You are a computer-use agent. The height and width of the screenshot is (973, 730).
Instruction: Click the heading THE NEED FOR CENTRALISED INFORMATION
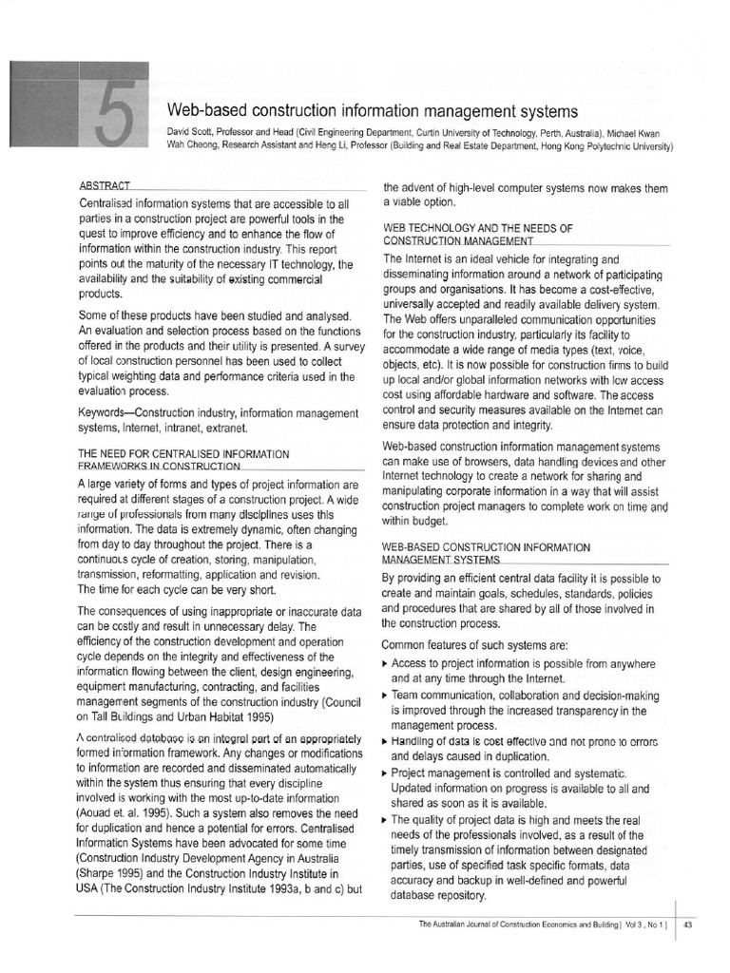(183, 454)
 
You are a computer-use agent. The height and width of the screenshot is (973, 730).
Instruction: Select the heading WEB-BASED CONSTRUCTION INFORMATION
(486, 547)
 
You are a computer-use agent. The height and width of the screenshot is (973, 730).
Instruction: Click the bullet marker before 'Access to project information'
(385, 663)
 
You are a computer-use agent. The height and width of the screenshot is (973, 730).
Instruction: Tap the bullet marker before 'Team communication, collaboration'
(385, 695)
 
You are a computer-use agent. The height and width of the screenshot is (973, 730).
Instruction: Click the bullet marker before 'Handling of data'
(385, 741)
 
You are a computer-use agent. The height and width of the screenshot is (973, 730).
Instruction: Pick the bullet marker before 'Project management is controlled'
(385, 773)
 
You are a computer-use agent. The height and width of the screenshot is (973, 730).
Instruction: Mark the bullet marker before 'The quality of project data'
(385, 819)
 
